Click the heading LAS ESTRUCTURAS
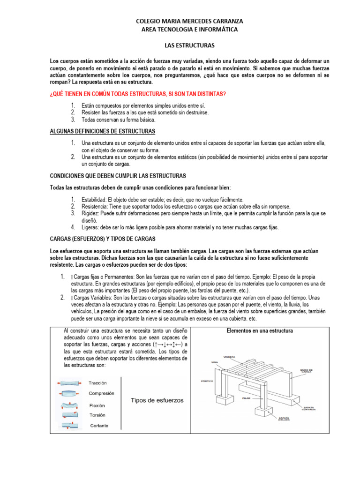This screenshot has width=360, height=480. pyautogui.click(x=189, y=46)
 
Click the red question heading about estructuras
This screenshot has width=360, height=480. pyautogui.click(x=138, y=94)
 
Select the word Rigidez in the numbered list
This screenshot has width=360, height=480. pyautogui.click(x=90, y=213)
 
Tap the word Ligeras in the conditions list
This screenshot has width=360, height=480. pyautogui.click(x=90, y=227)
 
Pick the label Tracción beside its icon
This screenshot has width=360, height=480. pyautogui.click(x=97, y=383)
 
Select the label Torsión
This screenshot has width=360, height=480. pyautogui.click(x=97, y=415)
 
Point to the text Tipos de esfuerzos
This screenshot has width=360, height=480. pyautogui.click(x=157, y=400)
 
